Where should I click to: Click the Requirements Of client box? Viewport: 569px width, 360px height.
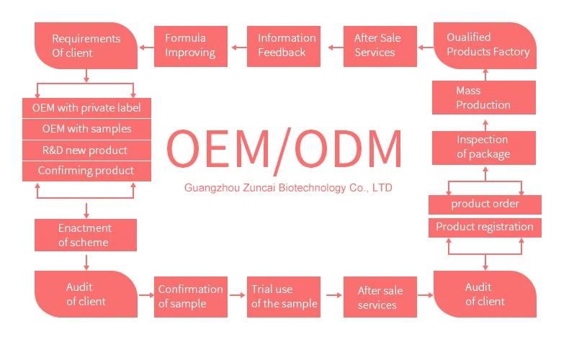[86, 45]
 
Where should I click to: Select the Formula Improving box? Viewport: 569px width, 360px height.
[190, 45]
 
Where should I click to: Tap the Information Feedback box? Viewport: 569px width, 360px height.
[287, 45]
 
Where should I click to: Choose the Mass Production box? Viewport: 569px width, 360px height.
[483, 97]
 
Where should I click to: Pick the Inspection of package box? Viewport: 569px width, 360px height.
[483, 147]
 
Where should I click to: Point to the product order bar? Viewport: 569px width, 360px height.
[485, 204]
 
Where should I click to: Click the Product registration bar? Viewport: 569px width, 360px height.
[485, 227]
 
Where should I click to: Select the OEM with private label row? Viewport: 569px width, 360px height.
[86, 109]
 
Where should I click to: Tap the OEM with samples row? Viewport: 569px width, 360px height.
[86, 130]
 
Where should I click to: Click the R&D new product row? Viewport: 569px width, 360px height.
[86, 150]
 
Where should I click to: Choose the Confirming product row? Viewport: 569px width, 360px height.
[86, 171]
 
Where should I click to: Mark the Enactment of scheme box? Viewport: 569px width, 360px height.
[86, 235]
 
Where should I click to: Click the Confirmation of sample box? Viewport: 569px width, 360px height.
[191, 297]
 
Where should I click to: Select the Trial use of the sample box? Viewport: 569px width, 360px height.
[284, 297]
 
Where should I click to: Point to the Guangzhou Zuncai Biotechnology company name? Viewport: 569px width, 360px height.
[288, 188]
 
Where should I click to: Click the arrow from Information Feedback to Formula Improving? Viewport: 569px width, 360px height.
[238, 48]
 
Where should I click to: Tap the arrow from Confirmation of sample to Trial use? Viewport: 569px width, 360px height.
[237, 294]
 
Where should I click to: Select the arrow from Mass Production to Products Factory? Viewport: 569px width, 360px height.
[485, 73]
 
